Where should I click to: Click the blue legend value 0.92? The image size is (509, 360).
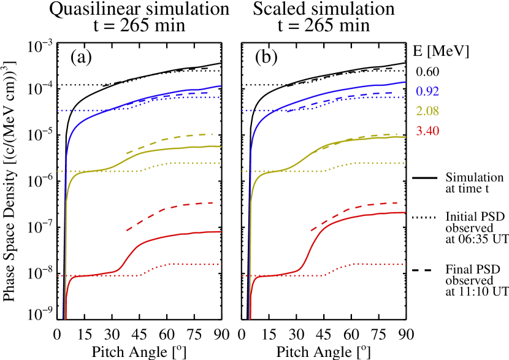[x=427, y=92]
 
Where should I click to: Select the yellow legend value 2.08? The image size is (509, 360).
[x=427, y=112]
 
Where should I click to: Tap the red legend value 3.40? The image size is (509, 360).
[x=427, y=131]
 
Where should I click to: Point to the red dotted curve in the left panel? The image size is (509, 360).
[x=184, y=264]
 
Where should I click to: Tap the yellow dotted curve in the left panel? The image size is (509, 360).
[x=184, y=163]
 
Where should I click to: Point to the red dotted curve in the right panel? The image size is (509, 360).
[x=368, y=264]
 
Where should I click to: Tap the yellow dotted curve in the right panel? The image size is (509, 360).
[x=368, y=163]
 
